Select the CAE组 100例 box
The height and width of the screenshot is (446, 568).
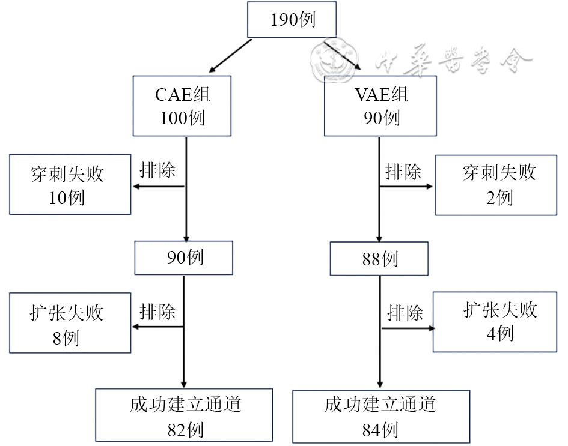click(x=182, y=106)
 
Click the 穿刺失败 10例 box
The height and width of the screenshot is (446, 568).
click(x=70, y=184)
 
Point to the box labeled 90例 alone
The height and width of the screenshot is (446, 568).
click(x=183, y=258)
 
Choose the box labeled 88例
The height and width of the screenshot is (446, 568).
click(x=379, y=259)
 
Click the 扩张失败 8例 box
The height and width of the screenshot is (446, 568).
click(x=70, y=322)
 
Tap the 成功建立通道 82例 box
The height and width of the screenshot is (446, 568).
click(x=183, y=415)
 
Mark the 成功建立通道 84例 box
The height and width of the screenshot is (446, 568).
click(x=380, y=416)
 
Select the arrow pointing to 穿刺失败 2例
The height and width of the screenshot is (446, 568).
click(x=406, y=187)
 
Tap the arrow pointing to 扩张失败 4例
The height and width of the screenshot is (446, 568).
click(x=407, y=328)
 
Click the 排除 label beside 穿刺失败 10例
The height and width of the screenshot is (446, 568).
click(x=157, y=170)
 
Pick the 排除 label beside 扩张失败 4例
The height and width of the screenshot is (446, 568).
click(x=405, y=313)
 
